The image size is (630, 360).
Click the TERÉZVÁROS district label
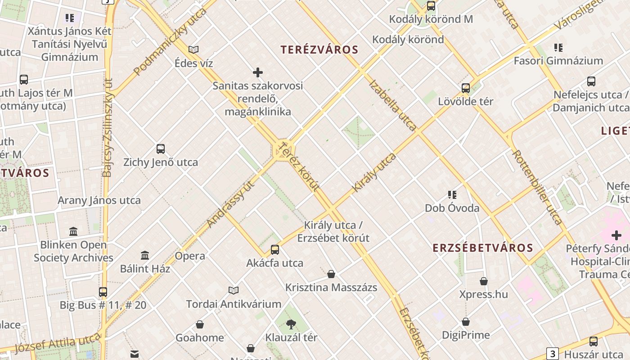[x=319, y=50]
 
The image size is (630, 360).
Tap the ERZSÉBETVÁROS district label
[x=483, y=247]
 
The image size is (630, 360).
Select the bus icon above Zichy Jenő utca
[x=161, y=149]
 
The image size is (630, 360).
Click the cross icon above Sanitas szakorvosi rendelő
[x=258, y=72]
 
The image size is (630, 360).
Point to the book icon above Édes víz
[x=193, y=49]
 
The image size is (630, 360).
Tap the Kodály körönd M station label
[x=431, y=19]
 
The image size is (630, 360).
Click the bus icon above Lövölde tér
[x=466, y=88]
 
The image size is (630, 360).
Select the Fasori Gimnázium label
[x=558, y=61]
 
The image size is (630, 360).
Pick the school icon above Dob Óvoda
[x=452, y=195]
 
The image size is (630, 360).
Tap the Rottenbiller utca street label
[x=537, y=187]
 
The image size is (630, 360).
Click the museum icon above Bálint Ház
[x=145, y=256]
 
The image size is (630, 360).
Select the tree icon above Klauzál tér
[x=291, y=324]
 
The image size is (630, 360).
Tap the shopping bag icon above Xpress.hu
[x=484, y=282]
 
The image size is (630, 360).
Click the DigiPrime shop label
[x=465, y=335]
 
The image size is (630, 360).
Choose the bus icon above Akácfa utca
[x=274, y=250]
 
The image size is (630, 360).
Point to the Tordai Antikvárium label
[x=234, y=304]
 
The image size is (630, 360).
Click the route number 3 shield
[x=552, y=353]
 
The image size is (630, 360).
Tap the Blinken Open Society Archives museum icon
[x=73, y=232]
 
